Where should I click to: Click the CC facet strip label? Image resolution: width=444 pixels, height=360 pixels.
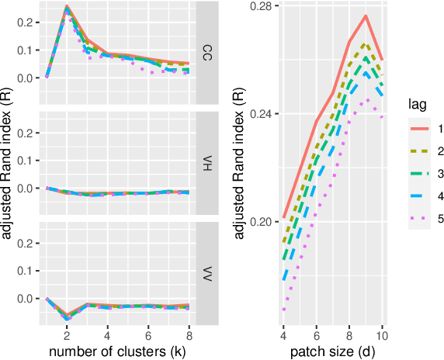click(x=206, y=54)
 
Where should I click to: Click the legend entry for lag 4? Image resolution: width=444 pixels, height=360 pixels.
click(x=419, y=196)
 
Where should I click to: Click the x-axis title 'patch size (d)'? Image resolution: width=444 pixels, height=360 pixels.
click(x=332, y=352)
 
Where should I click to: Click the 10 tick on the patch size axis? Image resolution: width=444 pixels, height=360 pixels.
click(x=382, y=335)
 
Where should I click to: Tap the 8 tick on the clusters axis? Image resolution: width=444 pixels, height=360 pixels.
click(x=189, y=335)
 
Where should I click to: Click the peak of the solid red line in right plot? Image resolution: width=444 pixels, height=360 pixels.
click(x=366, y=16)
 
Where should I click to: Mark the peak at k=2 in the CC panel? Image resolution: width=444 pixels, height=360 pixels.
click(x=67, y=7)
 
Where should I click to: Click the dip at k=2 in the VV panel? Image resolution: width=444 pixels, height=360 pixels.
click(x=67, y=316)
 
